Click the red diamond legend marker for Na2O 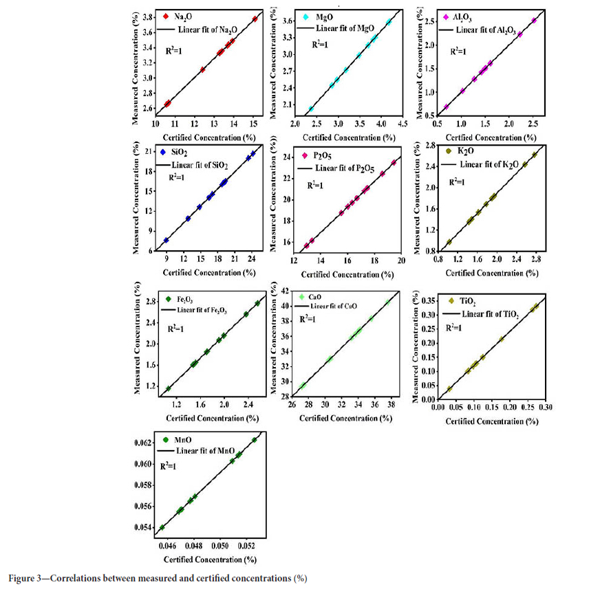pos(166,15)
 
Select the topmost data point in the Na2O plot pos(255,19)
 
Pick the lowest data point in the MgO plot pos(311,109)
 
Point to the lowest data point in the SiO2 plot pos(167,240)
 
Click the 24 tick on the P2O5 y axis pos(284,157)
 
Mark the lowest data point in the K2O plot pos(449,242)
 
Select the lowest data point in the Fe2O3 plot pos(169,389)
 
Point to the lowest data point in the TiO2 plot pos(449,389)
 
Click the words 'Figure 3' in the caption pos(28,577)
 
